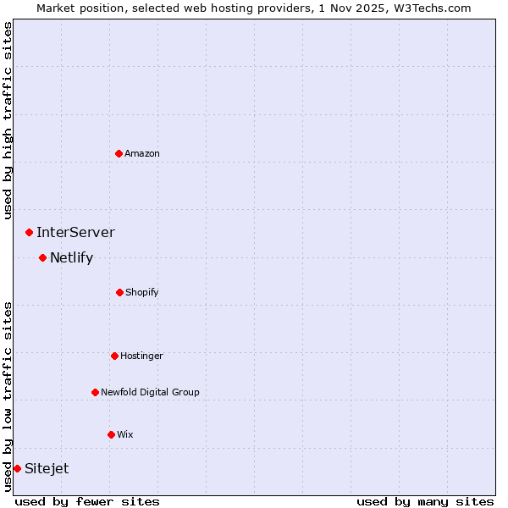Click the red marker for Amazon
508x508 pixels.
click(119, 153)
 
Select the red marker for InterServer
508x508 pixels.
click(29, 232)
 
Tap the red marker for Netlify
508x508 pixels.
click(42, 257)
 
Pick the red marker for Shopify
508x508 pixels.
click(119, 292)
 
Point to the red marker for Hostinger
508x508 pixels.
click(114, 356)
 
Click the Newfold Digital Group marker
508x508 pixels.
click(95, 392)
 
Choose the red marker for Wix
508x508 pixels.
click(111, 434)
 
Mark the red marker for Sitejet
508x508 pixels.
click(17, 468)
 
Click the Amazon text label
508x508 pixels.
click(142, 153)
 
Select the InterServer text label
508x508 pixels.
click(75, 232)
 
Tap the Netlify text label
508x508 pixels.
click(71, 257)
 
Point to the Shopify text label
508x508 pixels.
click(142, 292)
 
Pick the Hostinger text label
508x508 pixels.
click(141, 356)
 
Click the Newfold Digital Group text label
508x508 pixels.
click(150, 392)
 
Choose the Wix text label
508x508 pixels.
click(125, 434)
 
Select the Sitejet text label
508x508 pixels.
click(47, 468)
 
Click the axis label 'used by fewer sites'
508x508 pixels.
click(87, 501)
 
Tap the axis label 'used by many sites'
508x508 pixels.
click(425, 501)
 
